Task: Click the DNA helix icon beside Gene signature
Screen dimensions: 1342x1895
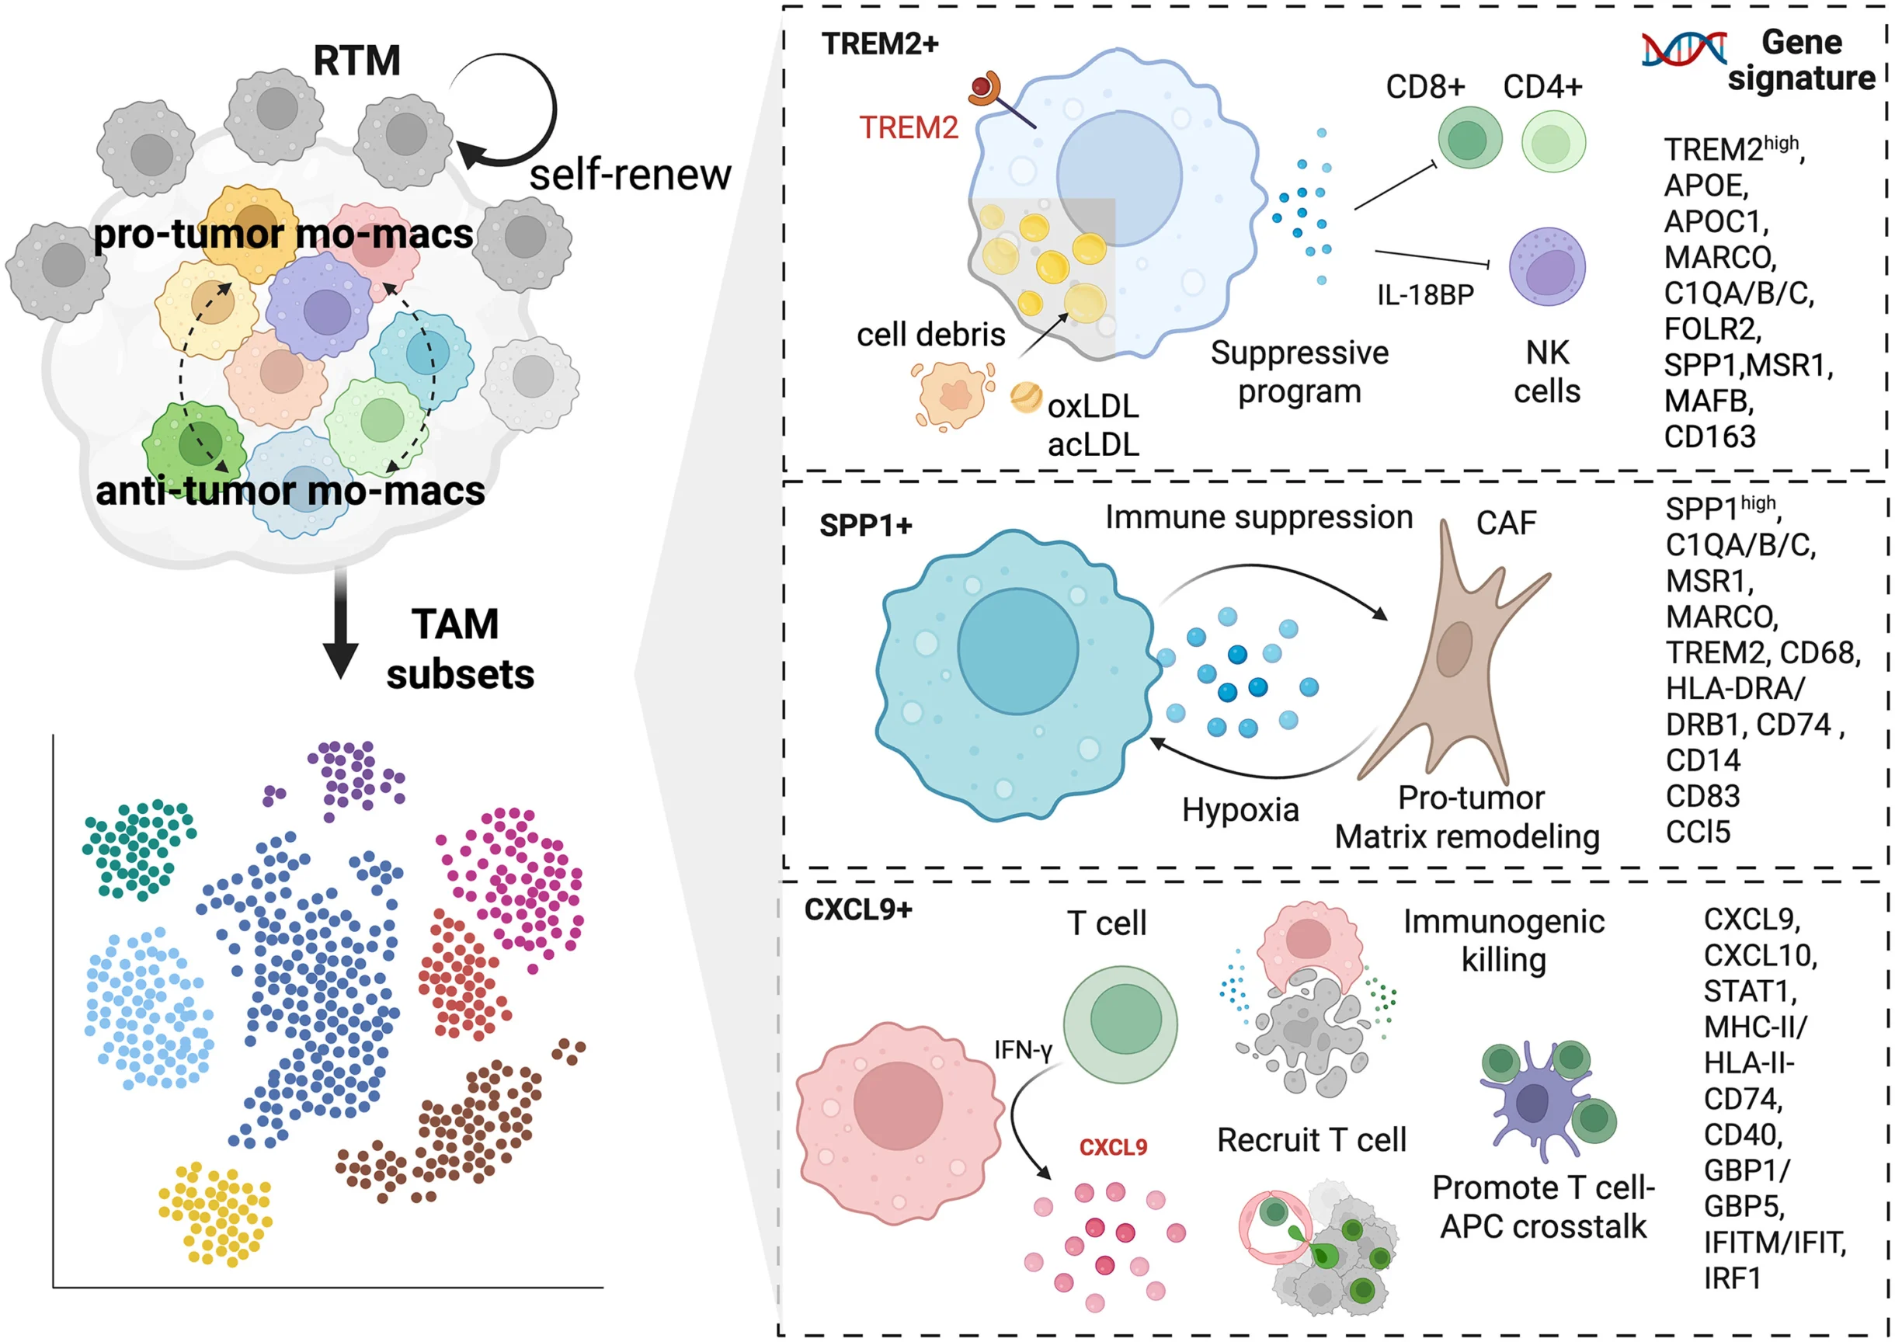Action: [1683, 50]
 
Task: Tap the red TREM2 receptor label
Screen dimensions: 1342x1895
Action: [908, 128]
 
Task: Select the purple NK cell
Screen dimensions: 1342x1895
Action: [1546, 267]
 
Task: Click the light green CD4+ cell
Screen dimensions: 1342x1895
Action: [1552, 142]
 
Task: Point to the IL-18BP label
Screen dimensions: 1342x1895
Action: [1425, 295]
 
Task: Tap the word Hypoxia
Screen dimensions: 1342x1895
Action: [1239, 810]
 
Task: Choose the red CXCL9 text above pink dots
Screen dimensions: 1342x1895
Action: [1112, 1147]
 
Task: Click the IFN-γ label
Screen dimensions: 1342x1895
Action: [1022, 1050]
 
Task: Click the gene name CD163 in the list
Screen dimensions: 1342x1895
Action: [1709, 436]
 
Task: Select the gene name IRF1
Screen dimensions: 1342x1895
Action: [1731, 1278]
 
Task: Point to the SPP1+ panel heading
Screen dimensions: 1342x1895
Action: [864, 526]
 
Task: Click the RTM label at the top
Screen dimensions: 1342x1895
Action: [356, 61]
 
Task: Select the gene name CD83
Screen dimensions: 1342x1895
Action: [1702, 796]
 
